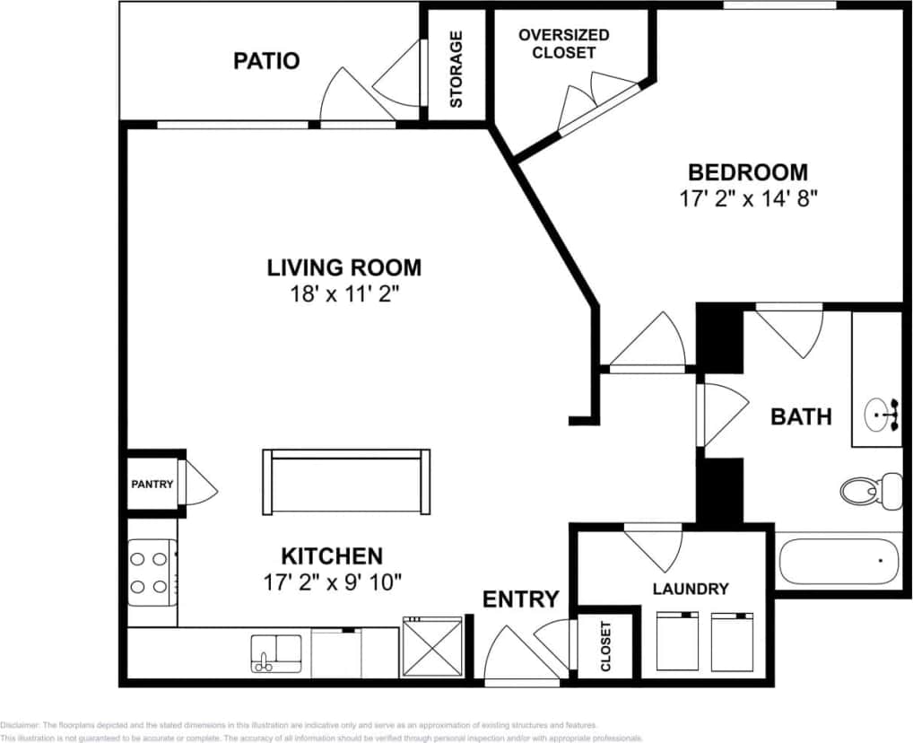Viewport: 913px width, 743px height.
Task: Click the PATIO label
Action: pos(266,61)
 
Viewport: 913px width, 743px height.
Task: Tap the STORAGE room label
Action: pos(456,69)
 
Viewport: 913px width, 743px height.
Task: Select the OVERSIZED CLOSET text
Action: pos(564,43)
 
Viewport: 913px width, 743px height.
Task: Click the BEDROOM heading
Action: pos(747,171)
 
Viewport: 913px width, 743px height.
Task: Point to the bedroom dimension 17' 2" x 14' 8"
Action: pos(749,197)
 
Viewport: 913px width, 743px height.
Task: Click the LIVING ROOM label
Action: pos(343,267)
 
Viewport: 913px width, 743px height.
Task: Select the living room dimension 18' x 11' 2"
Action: pos(343,293)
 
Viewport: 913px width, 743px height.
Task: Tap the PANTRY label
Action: pos(152,485)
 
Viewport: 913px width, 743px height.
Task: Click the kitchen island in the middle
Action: pos(346,481)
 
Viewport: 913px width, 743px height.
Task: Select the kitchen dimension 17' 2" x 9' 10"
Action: pos(332,581)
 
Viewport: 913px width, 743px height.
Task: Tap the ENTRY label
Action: pos(521,599)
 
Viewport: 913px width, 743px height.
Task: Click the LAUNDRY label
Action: pos(690,589)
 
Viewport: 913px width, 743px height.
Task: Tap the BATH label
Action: pos(801,416)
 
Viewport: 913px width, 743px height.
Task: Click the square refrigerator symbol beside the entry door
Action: pos(432,647)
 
